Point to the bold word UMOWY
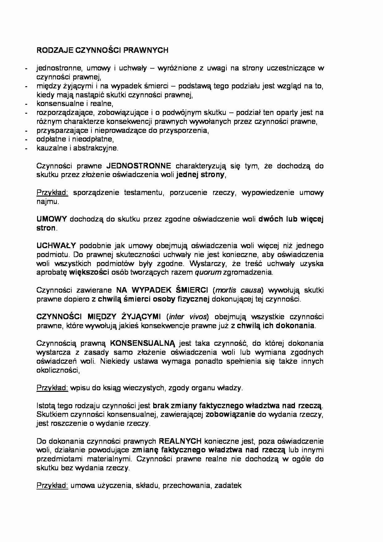coord(52,219)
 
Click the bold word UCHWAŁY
coord(56,246)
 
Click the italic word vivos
coord(199,317)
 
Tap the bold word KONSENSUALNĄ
coord(142,343)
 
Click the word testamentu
coord(143,193)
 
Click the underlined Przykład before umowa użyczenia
coord(52,485)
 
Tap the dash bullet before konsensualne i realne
coord(27,104)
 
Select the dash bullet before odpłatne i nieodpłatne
coord(27,139)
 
